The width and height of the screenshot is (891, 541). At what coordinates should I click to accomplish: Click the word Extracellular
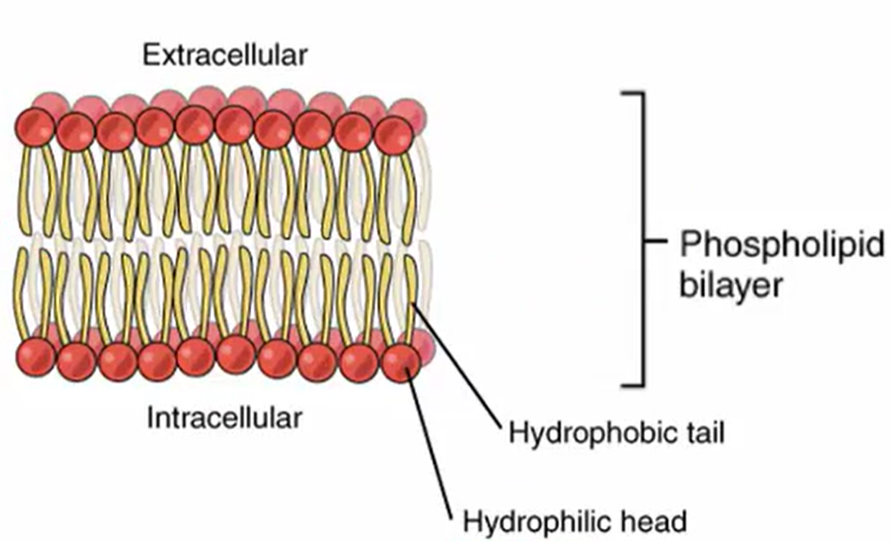[x=225, y=56]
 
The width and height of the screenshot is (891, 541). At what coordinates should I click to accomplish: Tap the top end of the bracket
[x=634, y=94]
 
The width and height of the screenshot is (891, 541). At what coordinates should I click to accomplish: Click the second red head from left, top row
[x=76, y=131]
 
